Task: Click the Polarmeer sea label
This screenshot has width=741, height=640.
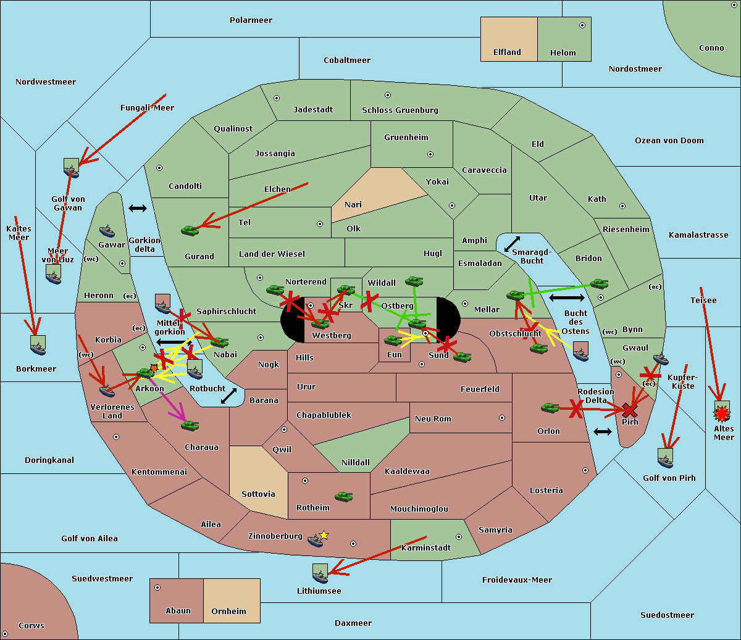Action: coord(251,20)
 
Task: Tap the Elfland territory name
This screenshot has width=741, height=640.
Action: coord(507,52)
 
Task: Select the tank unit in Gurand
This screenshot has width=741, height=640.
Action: coord(190,230)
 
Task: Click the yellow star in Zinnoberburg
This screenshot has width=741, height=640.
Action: coord(324,535)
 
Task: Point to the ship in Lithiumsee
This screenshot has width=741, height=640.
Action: coord(320,573)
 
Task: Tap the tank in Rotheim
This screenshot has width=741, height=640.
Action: coord(344,496)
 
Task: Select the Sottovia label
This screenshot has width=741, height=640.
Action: coord(258,494)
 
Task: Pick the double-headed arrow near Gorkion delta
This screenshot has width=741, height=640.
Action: coord(138,208)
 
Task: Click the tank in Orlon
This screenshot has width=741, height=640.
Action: coord(550,407)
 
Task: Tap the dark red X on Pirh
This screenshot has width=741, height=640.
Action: coord(629,410)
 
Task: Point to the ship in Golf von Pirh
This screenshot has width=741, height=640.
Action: coord(665,458)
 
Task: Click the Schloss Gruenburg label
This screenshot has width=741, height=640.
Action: coord(400,110)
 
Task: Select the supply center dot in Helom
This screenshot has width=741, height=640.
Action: coord(582,25)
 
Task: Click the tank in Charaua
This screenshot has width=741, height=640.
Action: coord(190,425)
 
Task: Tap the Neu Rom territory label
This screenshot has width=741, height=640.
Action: coord(433,419)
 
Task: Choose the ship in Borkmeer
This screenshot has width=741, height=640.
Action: coord(38,346)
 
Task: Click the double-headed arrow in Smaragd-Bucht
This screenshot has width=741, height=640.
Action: coord(513,244)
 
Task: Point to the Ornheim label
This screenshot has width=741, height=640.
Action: coord(228,612)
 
